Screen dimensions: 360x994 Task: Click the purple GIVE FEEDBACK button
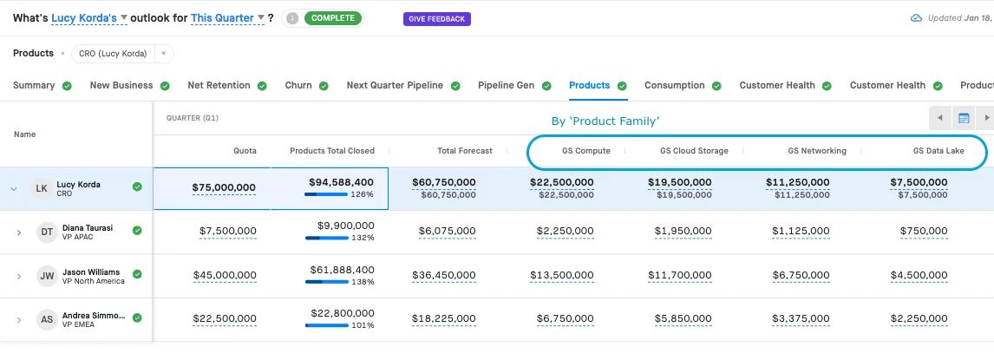437,18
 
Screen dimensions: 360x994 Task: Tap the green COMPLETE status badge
332,18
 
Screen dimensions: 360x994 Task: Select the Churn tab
298,85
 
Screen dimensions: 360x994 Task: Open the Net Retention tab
219,85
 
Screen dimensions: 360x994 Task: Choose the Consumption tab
674,85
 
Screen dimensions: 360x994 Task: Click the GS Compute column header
586,151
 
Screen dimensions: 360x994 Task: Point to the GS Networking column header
817,151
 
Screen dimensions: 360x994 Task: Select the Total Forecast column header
465,151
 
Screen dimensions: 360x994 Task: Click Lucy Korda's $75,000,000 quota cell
224,188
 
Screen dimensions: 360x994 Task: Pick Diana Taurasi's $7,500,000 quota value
227,232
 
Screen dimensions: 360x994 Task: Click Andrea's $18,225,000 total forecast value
447,318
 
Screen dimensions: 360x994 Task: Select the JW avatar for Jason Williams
46,276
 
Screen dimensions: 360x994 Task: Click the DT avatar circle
46,232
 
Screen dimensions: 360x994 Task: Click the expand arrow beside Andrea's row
19,319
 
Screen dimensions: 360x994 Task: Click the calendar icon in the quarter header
963,118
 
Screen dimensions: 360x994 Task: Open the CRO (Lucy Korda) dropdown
121,54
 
